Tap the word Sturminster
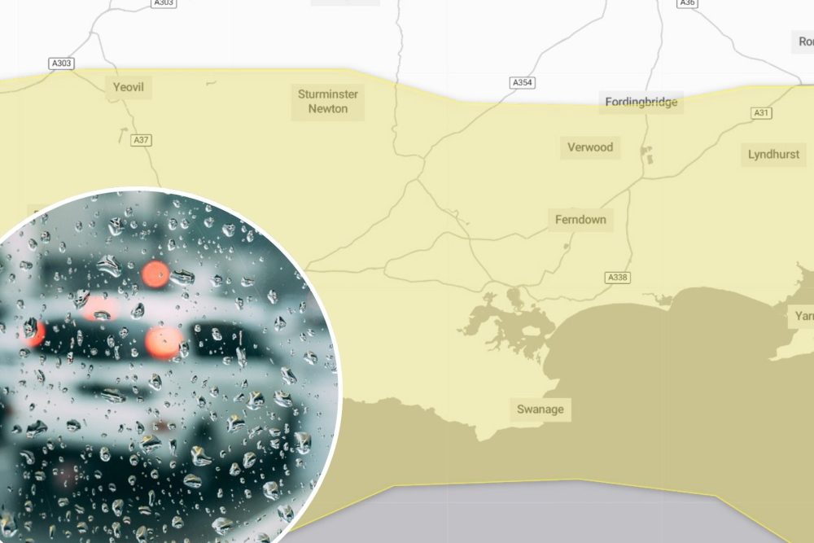[x=328, y=94]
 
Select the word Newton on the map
[x=328, y=109]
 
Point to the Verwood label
[x=590, y=147]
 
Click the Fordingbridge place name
[x=641, y=103]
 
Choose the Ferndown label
[x=580, y=220]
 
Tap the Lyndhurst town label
[x=773, y=154]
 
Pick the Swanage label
[x=540, y=409]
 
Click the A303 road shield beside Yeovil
[x=61, y=63]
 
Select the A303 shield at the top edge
[x=163, y=3]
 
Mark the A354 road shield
[x=522, y=83]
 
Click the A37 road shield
[x=142, y=140]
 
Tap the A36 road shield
[x=688, y=3]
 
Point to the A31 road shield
[x=762, y=113]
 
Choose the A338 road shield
[x=618, y=278]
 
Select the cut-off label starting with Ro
[x=804, y=41]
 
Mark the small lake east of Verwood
[x=647, y=155]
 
